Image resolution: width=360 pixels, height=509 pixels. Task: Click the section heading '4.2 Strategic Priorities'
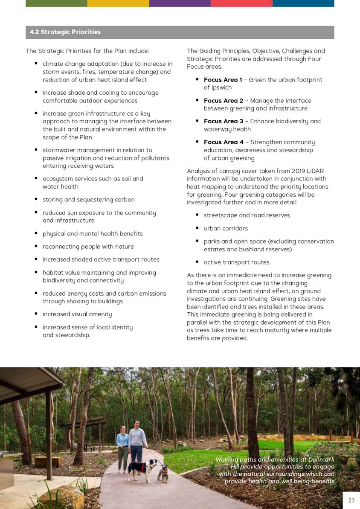[65, 32]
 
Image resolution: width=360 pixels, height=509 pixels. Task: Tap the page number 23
[351, 500]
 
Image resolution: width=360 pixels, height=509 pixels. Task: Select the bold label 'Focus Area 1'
[223, 80]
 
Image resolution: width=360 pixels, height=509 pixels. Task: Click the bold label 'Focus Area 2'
[223, 101]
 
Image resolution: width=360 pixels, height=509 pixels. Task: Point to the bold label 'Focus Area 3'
[223, 121]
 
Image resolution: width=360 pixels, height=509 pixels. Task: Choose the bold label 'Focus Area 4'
[224, 142]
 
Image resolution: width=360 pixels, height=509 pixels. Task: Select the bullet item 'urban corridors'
[226, 229]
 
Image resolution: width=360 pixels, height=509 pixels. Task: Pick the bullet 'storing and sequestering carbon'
[88, 200]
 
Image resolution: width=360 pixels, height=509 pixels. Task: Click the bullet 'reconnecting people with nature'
[88, 247]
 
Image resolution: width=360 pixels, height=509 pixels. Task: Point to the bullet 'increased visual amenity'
[77, 314]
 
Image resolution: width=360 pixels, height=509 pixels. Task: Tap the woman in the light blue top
[123, 446]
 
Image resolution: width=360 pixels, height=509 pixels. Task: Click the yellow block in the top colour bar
[118, 3]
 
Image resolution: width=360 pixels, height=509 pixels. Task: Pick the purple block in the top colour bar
[180, 3]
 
